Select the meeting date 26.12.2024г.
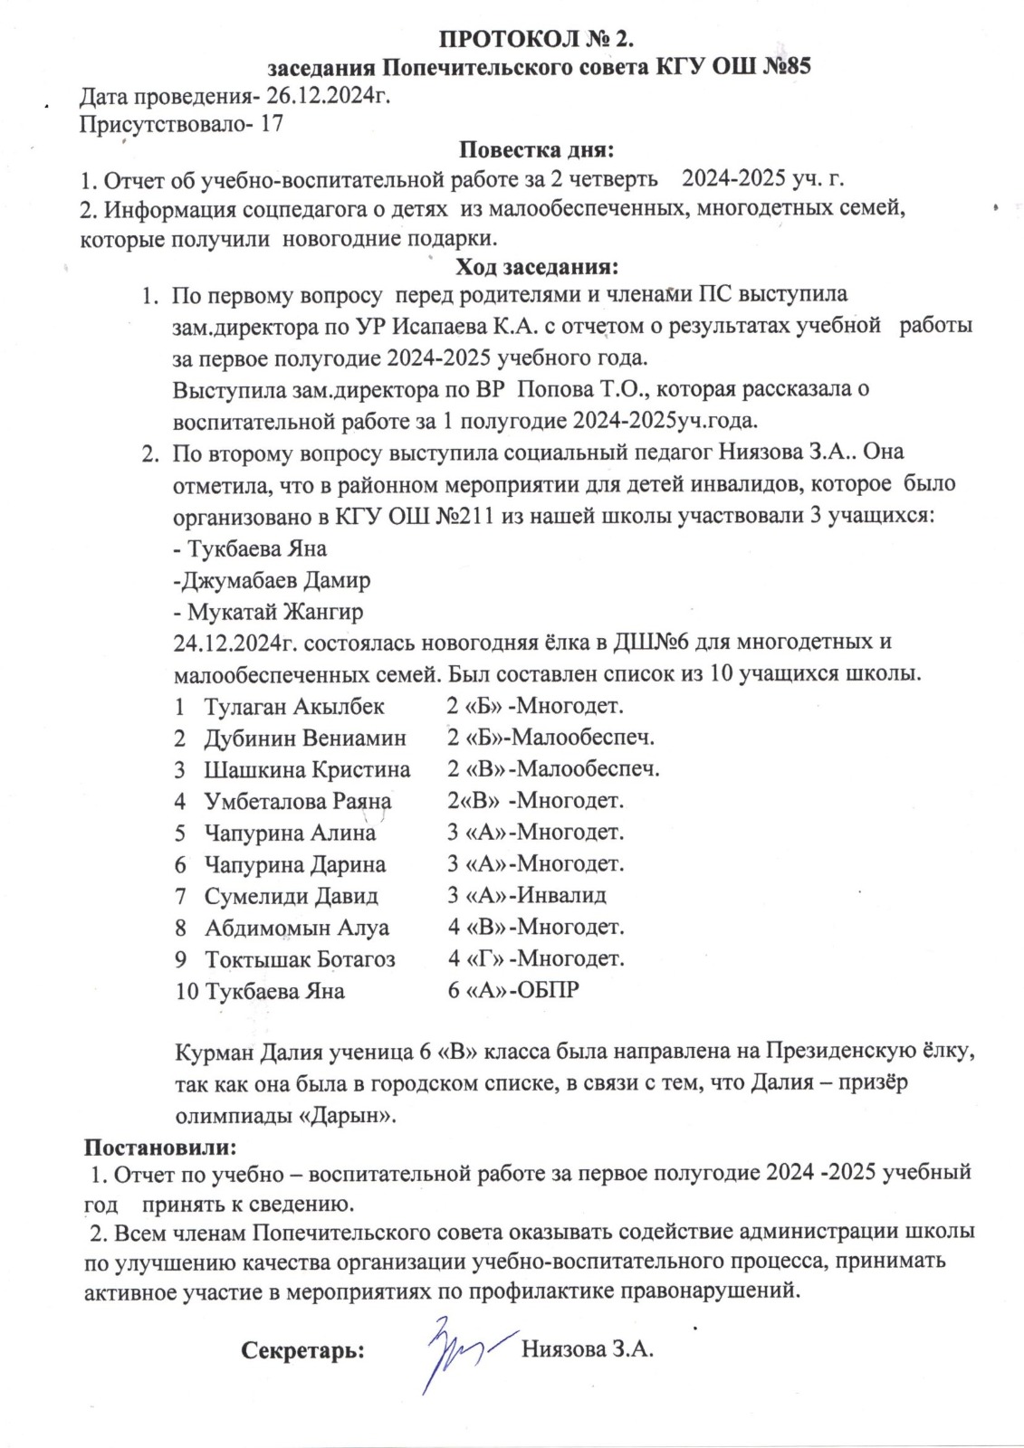coord(330,96)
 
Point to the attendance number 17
coord(272,124)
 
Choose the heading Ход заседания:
coord(538,267)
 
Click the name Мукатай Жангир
coord(275,611)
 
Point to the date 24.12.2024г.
coord(235,643)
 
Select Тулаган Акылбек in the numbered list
coord(294,706)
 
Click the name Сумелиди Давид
coord(291,896)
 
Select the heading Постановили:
coord(160,1147)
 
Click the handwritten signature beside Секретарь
coord(457,1350)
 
